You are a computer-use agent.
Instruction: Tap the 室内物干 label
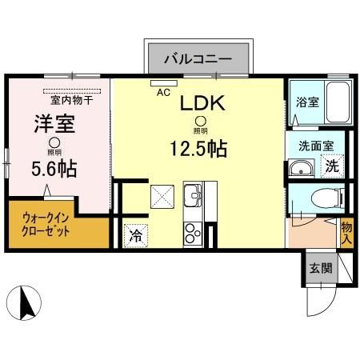(71, 100)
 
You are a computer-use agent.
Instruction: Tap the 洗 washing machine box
(330, 166)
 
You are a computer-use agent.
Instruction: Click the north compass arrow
(24, 302)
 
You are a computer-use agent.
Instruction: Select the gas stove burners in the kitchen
(192, 233)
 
